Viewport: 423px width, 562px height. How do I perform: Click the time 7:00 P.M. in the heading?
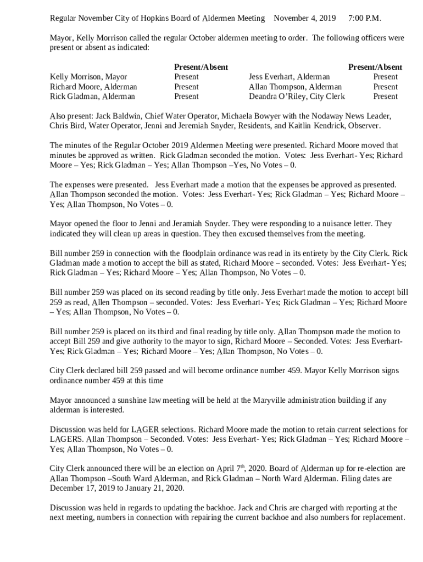tap(364, 19)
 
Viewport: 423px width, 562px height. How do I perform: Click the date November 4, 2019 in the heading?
tap(304, 19)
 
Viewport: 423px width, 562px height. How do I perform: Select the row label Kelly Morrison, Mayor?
tap(88, 77)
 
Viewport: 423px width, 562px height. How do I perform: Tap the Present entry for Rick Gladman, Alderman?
tap(186, 97)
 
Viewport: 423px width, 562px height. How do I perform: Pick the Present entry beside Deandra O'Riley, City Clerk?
tap(385, 97)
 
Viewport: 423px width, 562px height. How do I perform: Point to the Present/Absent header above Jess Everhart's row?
tap(375, 67)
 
